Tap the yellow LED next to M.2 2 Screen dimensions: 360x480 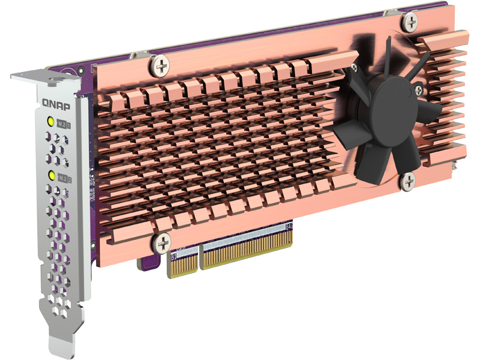pyautogui.click(x=52, y=176)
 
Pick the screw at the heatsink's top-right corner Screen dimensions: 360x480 pyautogui.click(x=410, y=22)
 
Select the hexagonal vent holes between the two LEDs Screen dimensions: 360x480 pyautogui.click(x=59, y=149)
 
